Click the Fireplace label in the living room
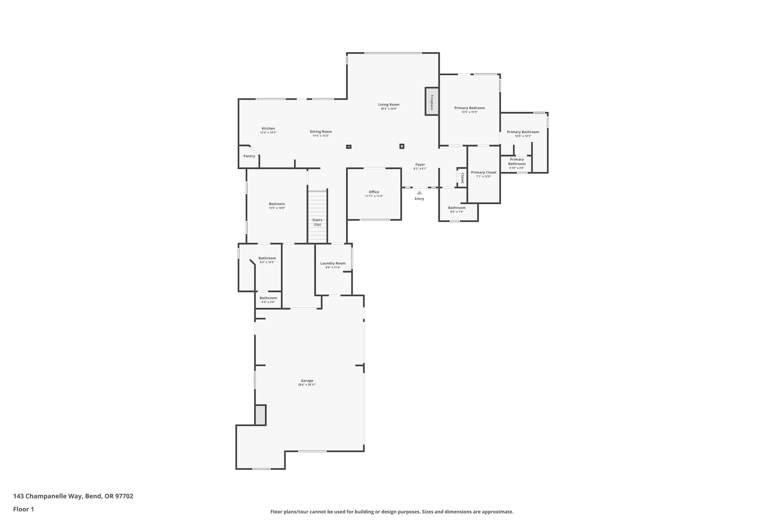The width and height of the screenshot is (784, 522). coord(432,103)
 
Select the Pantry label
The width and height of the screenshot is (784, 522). coord(249,156)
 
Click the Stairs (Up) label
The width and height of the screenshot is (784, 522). coord(317,222)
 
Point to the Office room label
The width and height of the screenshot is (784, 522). coord(374,192)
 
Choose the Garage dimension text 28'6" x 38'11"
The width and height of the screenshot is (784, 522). coord(307,384)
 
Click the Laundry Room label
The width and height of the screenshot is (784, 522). coord(333,263)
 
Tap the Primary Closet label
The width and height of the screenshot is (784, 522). coord(484,173)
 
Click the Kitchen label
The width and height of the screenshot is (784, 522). coord(268,128)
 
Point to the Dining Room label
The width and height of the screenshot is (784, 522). coord(321,132)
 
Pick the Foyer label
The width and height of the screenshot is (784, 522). coord(420,164)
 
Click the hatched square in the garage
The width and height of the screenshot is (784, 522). coord(261,415)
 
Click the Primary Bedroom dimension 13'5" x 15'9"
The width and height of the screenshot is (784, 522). coord(470,112)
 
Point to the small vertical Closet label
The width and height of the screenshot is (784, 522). coord(462,178)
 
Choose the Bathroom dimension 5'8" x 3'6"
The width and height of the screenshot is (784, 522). coord(268,302)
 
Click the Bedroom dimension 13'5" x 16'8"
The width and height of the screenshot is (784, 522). coord(277,208)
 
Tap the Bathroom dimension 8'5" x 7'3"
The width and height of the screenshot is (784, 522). coord(457,212)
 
